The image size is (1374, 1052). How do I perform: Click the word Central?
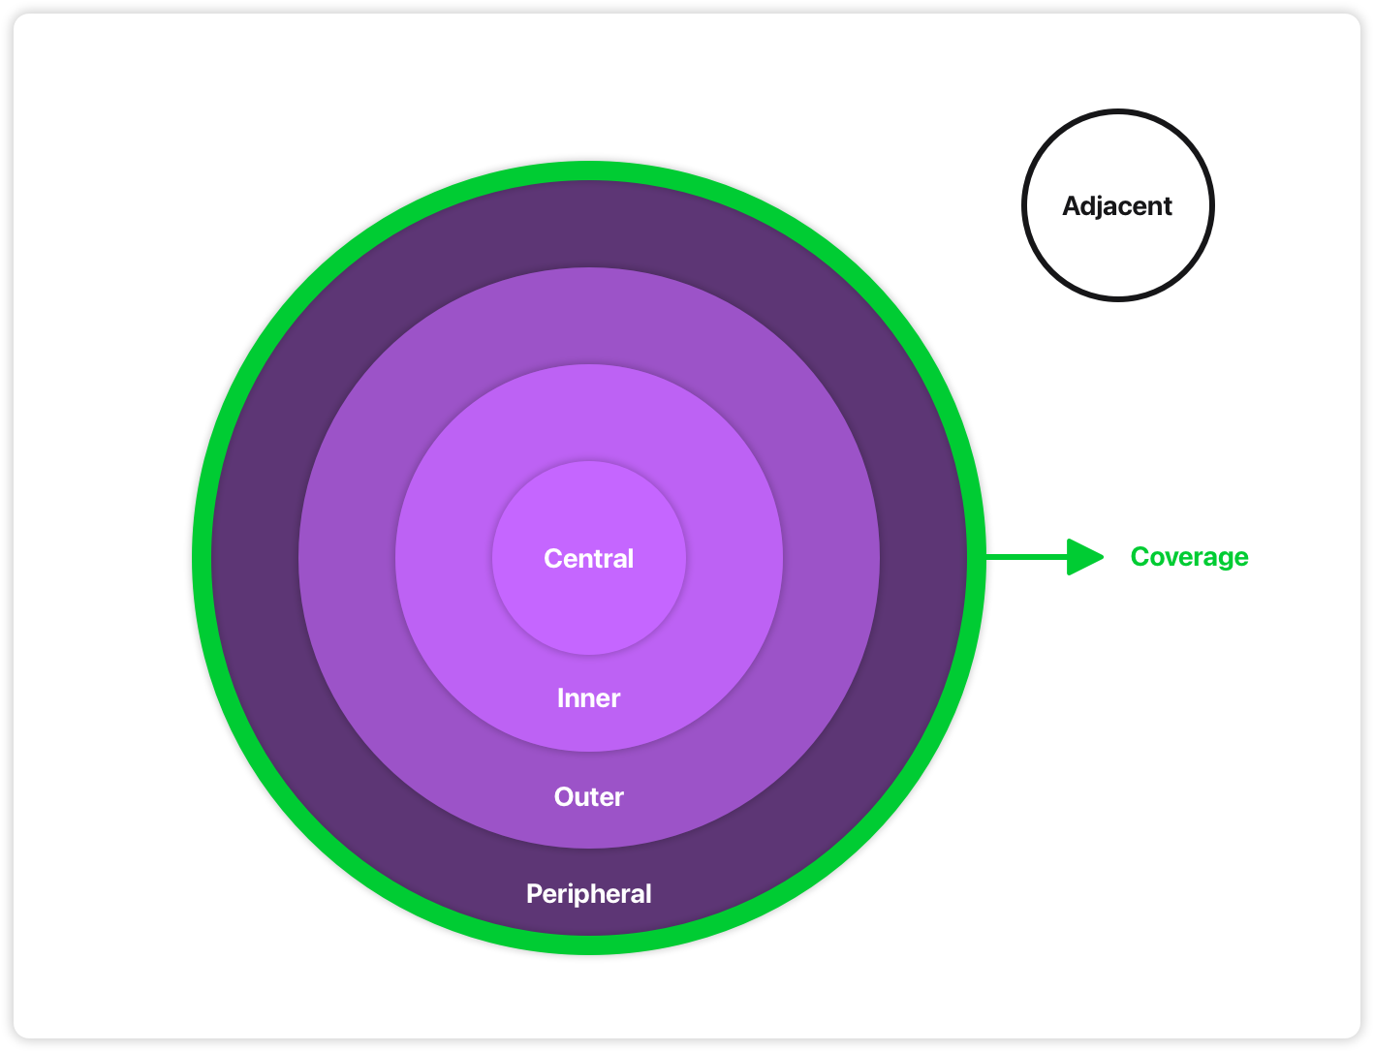pos(588,559)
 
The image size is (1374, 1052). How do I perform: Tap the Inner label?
pos(588,698)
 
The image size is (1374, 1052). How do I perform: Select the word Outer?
pos(588,797)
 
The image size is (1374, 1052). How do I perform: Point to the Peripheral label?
pos(588,894)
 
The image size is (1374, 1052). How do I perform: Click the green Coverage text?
pos(1189,557)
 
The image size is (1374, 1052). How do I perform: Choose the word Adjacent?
pos(1117,206)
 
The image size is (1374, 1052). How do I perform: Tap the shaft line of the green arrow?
pos(1027,557)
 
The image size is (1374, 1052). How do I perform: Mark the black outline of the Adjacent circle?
pos(1118,111)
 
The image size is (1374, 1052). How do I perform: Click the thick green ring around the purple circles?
pos(589,170)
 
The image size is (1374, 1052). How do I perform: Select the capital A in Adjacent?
pos(1072,206)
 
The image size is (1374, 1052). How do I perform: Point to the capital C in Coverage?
pos(1140,557)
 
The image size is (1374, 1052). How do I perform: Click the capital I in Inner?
pos(560,698)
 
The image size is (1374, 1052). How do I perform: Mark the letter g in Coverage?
pos(1221,560)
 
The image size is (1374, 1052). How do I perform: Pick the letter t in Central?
pos(596,559)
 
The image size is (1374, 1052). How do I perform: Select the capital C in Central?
pos(553,559)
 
